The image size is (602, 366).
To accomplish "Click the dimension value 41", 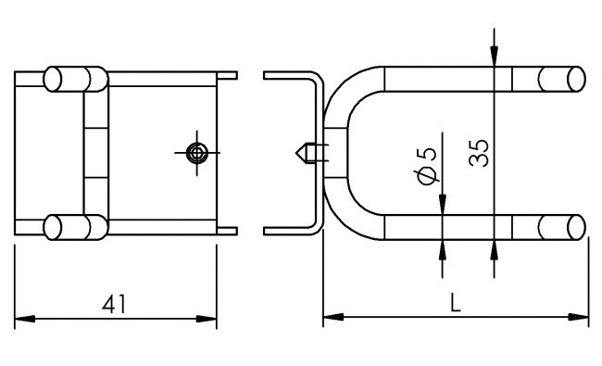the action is click(114, 304).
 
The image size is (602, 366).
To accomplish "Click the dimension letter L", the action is click(456, 302).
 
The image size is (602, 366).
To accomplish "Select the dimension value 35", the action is click(480, 153).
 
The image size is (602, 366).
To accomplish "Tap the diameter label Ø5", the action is click(427, 166).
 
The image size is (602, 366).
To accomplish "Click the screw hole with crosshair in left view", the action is click(197, 153).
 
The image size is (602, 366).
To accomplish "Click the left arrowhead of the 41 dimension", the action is click(25, 319).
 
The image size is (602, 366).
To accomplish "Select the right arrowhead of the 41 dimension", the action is click(207, 319).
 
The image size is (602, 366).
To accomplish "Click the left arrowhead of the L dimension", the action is click(333, 317).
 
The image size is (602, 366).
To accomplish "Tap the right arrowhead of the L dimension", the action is click(578, 317).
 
